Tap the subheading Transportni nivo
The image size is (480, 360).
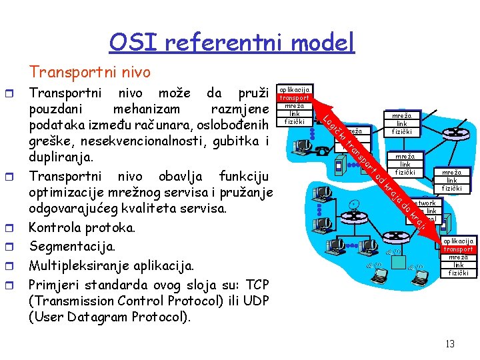(90, 71)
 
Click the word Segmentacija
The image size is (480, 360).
(73, 247)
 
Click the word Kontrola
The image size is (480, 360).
(60, 228)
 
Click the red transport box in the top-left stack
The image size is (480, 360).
(294, 97)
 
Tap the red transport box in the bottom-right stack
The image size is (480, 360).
(458, 249)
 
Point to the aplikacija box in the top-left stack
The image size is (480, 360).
(294, 89)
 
